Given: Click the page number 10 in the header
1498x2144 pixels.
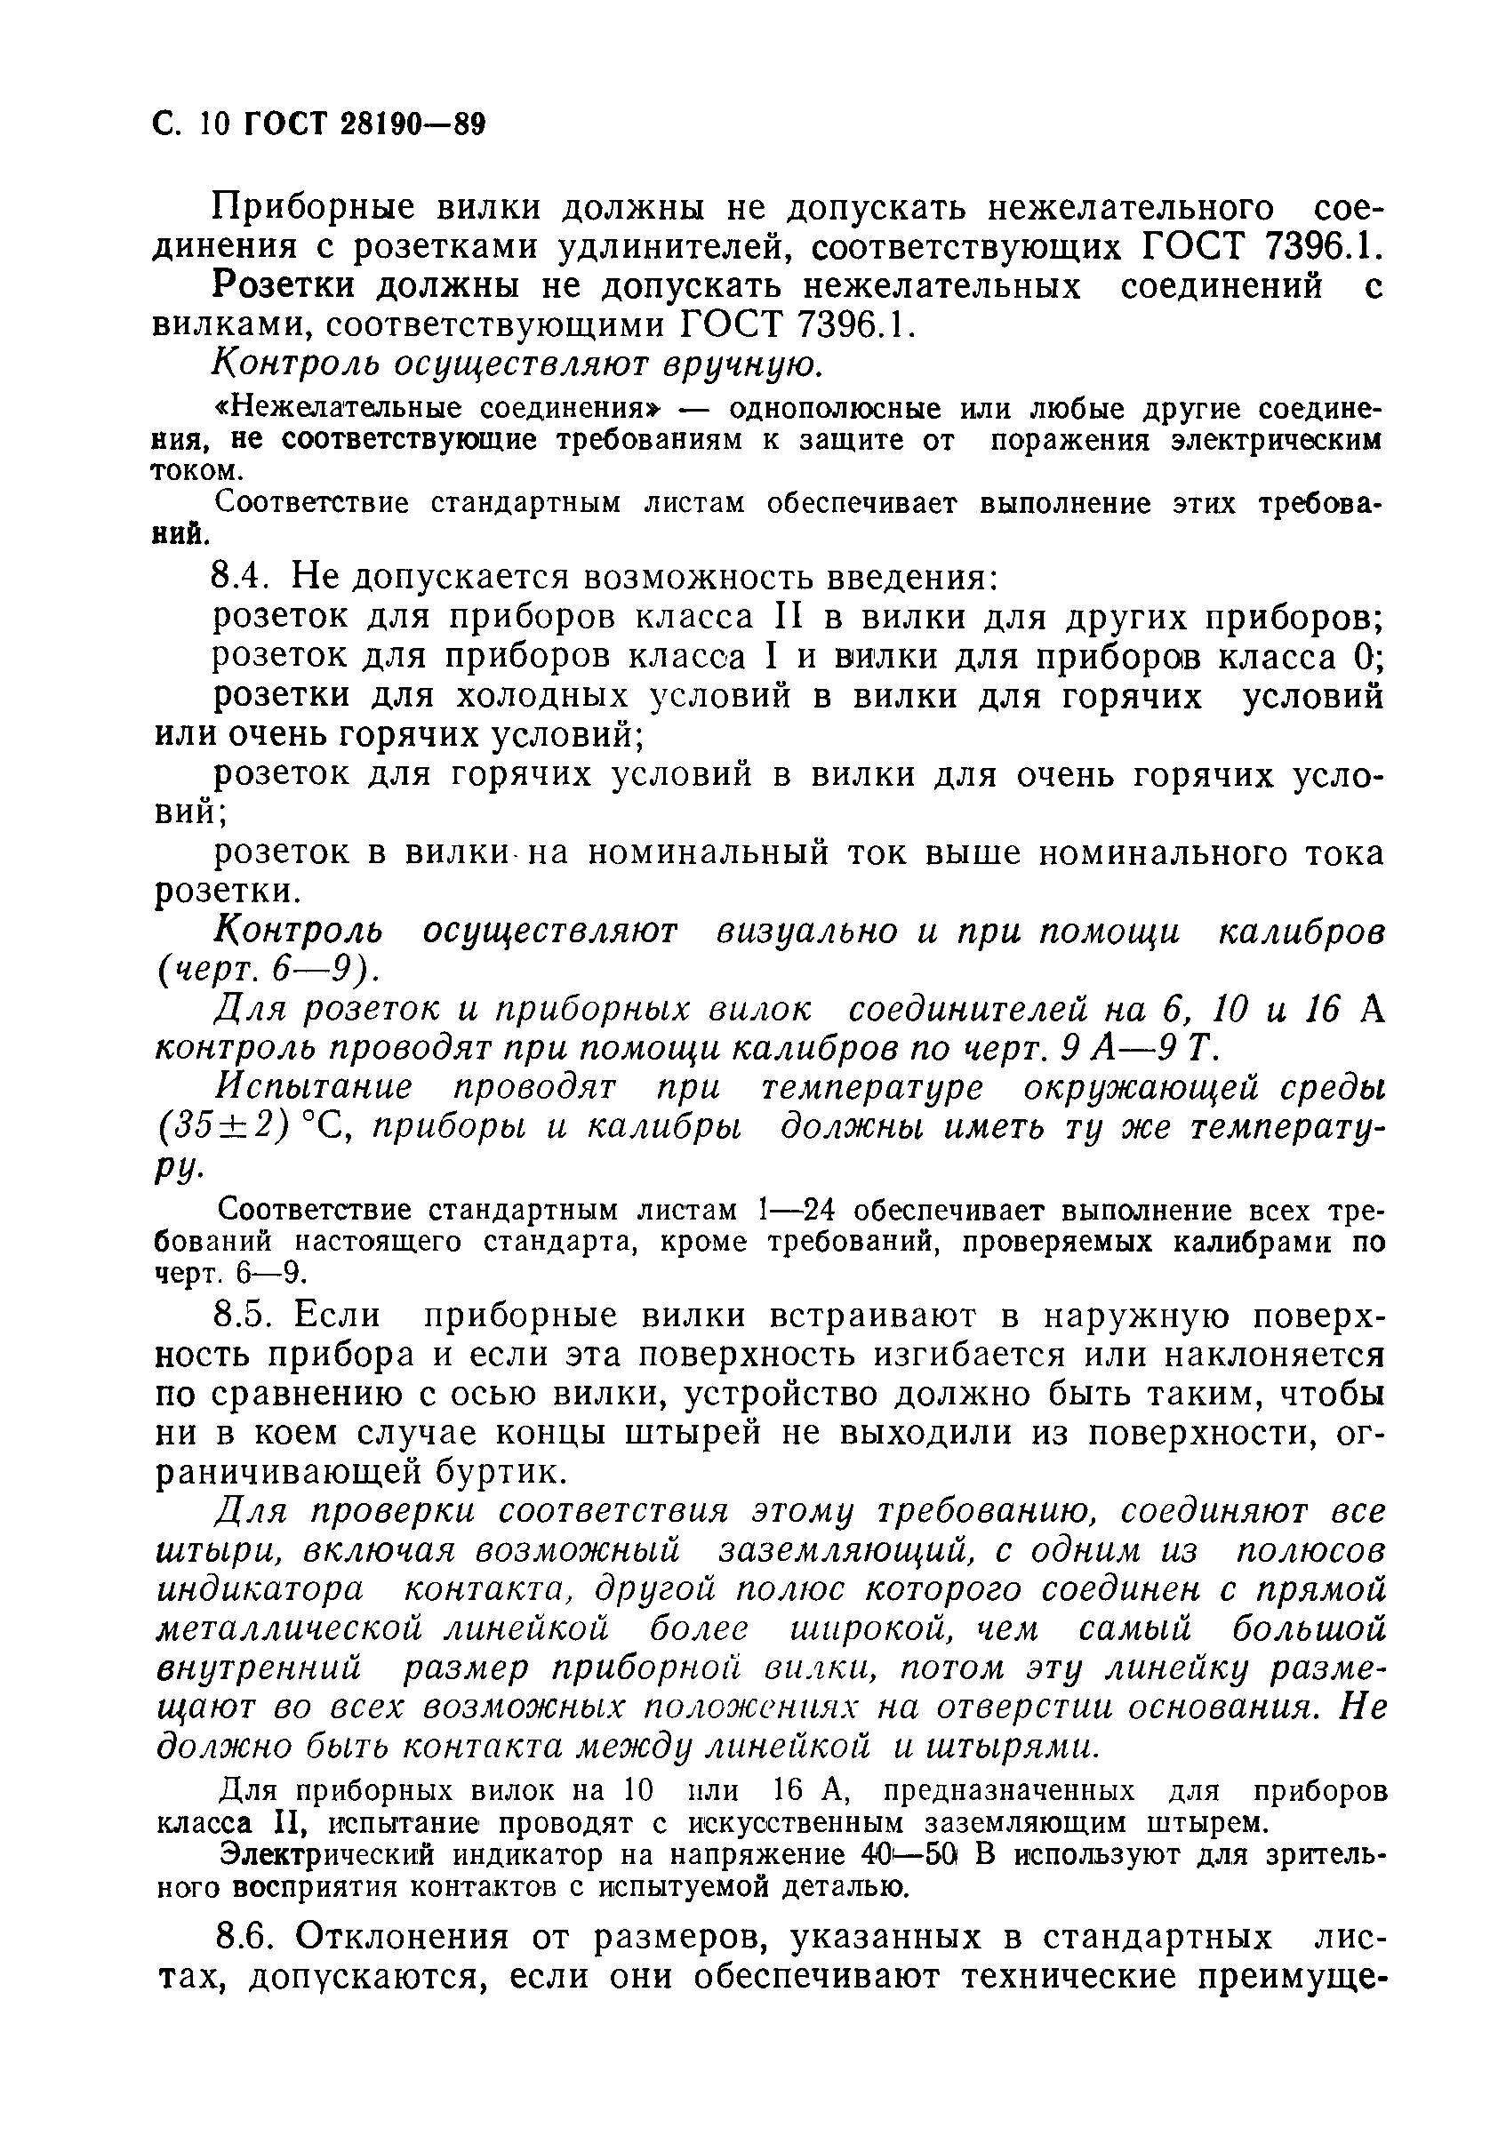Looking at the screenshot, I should click(x=213, y=124).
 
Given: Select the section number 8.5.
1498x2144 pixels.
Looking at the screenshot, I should click(x=243, y=1315).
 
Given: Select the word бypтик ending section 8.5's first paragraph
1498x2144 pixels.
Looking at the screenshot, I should click(x=501, y=1473).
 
